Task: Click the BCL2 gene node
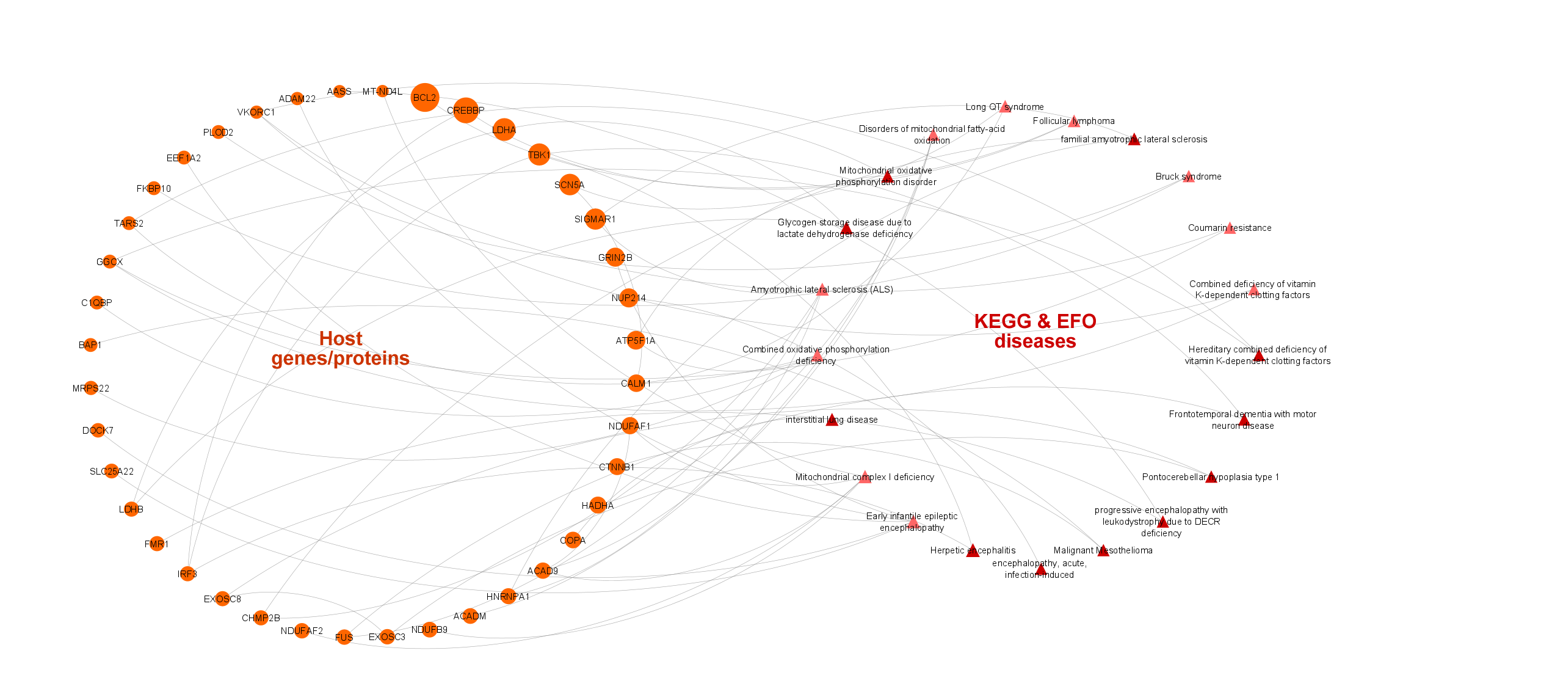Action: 425,98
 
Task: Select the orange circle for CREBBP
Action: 465,111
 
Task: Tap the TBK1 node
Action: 539,155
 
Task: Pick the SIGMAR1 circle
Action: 595,219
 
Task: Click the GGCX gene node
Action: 110,262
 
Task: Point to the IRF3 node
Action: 187,574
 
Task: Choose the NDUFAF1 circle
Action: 630,426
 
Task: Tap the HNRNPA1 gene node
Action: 508,596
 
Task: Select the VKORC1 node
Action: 256,112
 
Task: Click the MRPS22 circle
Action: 91,388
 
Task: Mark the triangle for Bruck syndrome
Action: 1188,177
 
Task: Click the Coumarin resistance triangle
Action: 1230,228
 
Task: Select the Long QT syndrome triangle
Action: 1005,108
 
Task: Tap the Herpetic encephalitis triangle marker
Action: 973,551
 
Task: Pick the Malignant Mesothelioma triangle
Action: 1103,551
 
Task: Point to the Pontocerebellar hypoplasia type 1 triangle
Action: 1211,477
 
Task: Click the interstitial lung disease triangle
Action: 832,420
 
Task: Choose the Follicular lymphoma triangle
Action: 1074,122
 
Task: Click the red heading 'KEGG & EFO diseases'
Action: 1035,331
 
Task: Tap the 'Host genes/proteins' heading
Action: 340,348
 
